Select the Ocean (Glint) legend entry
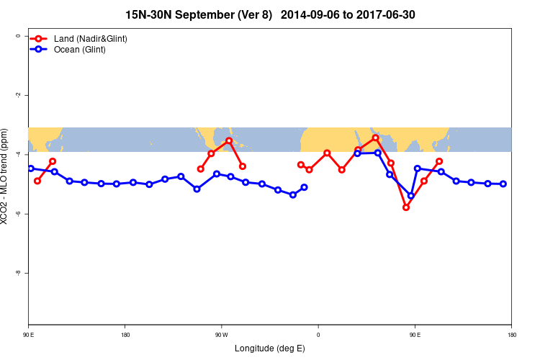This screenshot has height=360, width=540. pyautogui.click(x=79, y=50)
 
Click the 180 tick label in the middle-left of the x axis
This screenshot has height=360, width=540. pyautogui.click(x=125, y=335)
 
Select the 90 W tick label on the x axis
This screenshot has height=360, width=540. pyautogui.click(x=221, y=335)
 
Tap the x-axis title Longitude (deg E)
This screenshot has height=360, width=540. pyautogui.click(x=270, y=349)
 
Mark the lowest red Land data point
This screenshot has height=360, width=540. pyautogui.click(x=406, y=207)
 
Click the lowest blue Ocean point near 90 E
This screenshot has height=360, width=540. pyautogui.click(x=411, y=196)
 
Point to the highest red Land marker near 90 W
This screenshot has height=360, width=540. pyautogui.click(x=229, y=140)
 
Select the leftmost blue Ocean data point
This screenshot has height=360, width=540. pyautogui.click(x=31, y=168)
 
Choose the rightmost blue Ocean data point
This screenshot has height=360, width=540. pyautogui.click(x=503, y=184)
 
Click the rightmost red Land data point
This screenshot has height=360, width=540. pyautogui.click(x=439, y=161)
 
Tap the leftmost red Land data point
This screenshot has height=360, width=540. pyautogui.click(x=37, y=181)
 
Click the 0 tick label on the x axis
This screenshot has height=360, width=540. pyautogui.click(x=318, y=335)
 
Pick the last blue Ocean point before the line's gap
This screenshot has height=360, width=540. pyautogui.click(x=305, y=187)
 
